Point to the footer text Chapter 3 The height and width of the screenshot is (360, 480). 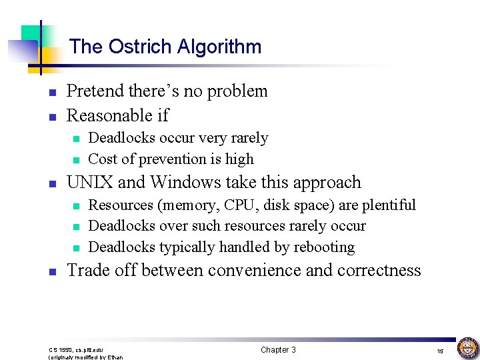(278, 350)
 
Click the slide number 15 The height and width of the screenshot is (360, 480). (440, 351)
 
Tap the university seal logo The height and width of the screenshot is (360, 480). (467, 347)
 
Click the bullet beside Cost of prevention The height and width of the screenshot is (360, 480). (75, 160)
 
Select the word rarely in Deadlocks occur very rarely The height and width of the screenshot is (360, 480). (249, 139)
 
